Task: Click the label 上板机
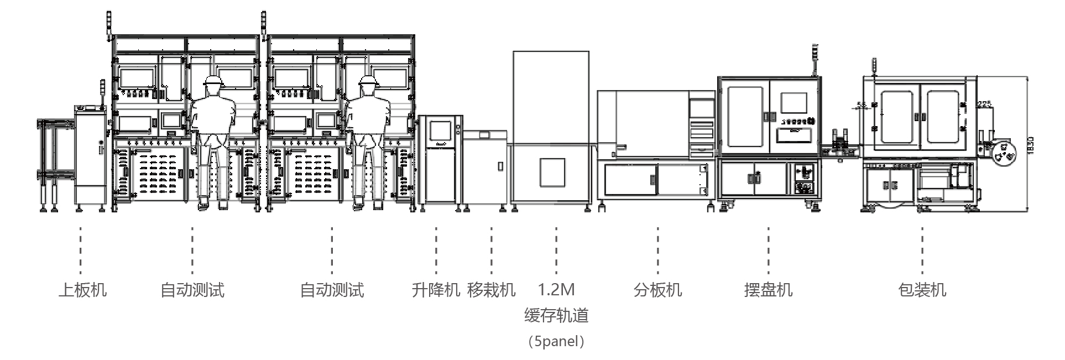82,290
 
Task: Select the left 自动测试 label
192,290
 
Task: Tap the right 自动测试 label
332,290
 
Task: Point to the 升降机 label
436,290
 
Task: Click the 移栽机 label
491,290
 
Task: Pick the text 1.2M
556,289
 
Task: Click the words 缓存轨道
556,316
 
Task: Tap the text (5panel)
556,341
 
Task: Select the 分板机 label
657,290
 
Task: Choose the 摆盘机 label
768,290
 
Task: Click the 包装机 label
922,290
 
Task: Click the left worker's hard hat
213,81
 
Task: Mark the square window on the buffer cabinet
552,172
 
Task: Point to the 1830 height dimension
1031,145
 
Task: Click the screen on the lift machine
440,132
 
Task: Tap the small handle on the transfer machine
500,165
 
